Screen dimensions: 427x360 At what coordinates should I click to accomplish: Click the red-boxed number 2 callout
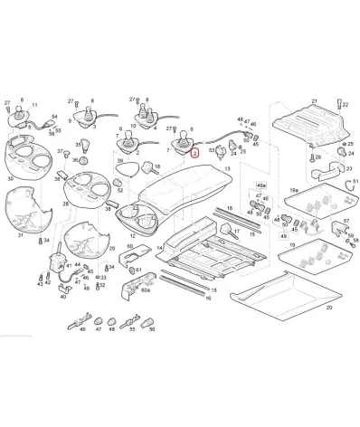point(193,153)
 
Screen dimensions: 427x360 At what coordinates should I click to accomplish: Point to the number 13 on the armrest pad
point(227,169)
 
